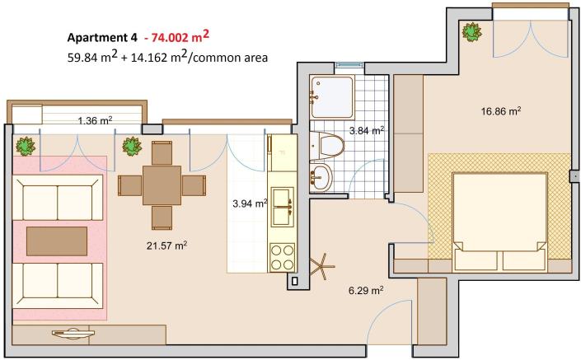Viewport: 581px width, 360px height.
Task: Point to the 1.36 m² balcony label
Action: click(x=95, y=121)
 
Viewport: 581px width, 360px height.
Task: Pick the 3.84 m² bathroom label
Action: click(x=367, y=130)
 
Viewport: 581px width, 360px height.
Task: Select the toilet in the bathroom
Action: click(x=330, y=145)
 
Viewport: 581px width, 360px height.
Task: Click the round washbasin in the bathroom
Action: click(x=321, y=175)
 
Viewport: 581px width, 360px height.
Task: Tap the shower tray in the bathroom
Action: click(x=332, y=96)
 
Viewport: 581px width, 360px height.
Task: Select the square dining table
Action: click(x=162, y=185)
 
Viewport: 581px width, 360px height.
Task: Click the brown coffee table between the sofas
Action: click(x=57, y=241)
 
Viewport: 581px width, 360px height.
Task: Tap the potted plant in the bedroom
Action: click(x=472, y=32)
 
